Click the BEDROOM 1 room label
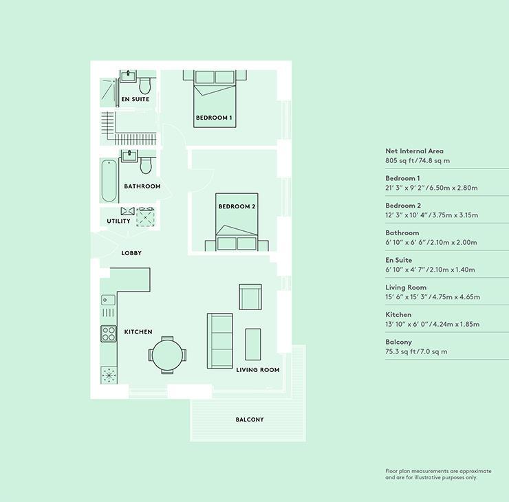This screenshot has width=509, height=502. [214, 118]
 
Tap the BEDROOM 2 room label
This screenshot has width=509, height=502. [237, 206]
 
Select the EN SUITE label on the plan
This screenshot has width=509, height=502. [135, 99]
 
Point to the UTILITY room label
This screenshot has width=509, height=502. [118, 221]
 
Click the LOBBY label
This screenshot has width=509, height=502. [131, 253]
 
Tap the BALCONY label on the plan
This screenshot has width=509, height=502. [250, 419]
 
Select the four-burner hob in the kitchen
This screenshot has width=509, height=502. [109, 334]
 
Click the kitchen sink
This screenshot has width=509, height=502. [108, 300]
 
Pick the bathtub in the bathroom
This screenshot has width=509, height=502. [109, 180]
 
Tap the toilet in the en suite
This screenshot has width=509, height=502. [144, 86]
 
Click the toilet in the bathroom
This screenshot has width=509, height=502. [146, 166]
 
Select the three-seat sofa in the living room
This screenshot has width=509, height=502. [220, 340]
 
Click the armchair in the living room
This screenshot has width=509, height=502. [250, 297]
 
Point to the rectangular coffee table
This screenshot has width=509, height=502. [253, 345]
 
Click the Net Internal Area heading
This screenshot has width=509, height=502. [414, 151]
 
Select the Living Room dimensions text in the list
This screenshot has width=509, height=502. [433, 297]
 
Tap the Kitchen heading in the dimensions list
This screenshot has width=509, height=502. [398, 314]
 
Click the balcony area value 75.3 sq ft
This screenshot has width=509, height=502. [399, 351]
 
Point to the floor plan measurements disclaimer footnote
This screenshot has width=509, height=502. [438, 474]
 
